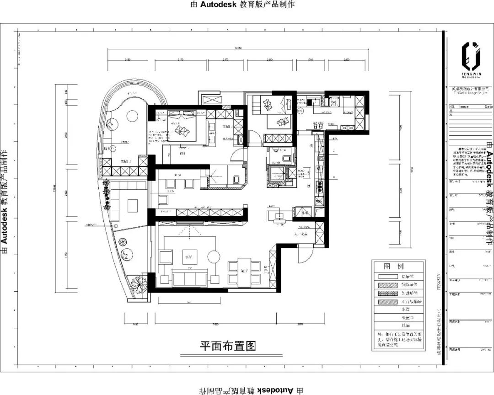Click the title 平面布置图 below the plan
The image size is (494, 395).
[227, 346]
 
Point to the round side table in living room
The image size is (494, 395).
[213, 257]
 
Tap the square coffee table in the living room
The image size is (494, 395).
[189, 257]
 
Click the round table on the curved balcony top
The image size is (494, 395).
[132, 116]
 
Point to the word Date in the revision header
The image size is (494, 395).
[488, 107]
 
